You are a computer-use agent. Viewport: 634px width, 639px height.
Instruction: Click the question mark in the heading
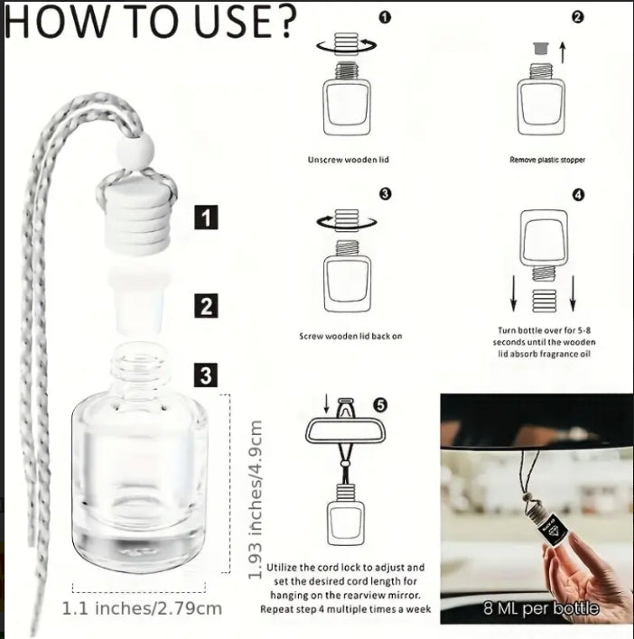pos(282,21)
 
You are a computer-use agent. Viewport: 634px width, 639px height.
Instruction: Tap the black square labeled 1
pos(206,218)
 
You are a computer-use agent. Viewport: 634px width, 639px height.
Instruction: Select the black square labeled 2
pos(206,306)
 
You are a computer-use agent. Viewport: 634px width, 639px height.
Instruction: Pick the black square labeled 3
pos(206,375)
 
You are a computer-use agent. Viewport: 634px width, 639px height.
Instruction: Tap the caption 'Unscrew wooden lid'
pos(349,160)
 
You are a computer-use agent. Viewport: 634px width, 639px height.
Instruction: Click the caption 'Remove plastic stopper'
pos(547,160)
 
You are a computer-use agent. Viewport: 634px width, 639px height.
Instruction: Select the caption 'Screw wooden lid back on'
pos(350,337)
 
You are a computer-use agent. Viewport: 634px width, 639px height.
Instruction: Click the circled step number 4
pos(578,195)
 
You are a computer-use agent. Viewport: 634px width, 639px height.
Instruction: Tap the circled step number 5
pos(380,404)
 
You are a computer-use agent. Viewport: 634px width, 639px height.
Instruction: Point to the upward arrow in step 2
pos(563,52)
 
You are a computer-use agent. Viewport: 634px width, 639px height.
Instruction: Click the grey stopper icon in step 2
pos(541,48)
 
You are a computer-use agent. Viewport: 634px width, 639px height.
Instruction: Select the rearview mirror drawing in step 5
pos(346,431)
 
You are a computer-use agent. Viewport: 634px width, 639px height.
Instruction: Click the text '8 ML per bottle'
pos(541,608)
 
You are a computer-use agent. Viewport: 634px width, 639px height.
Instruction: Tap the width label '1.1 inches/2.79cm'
pos(142,609)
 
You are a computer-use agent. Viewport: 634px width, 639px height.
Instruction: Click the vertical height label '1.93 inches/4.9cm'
pos(255,499)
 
